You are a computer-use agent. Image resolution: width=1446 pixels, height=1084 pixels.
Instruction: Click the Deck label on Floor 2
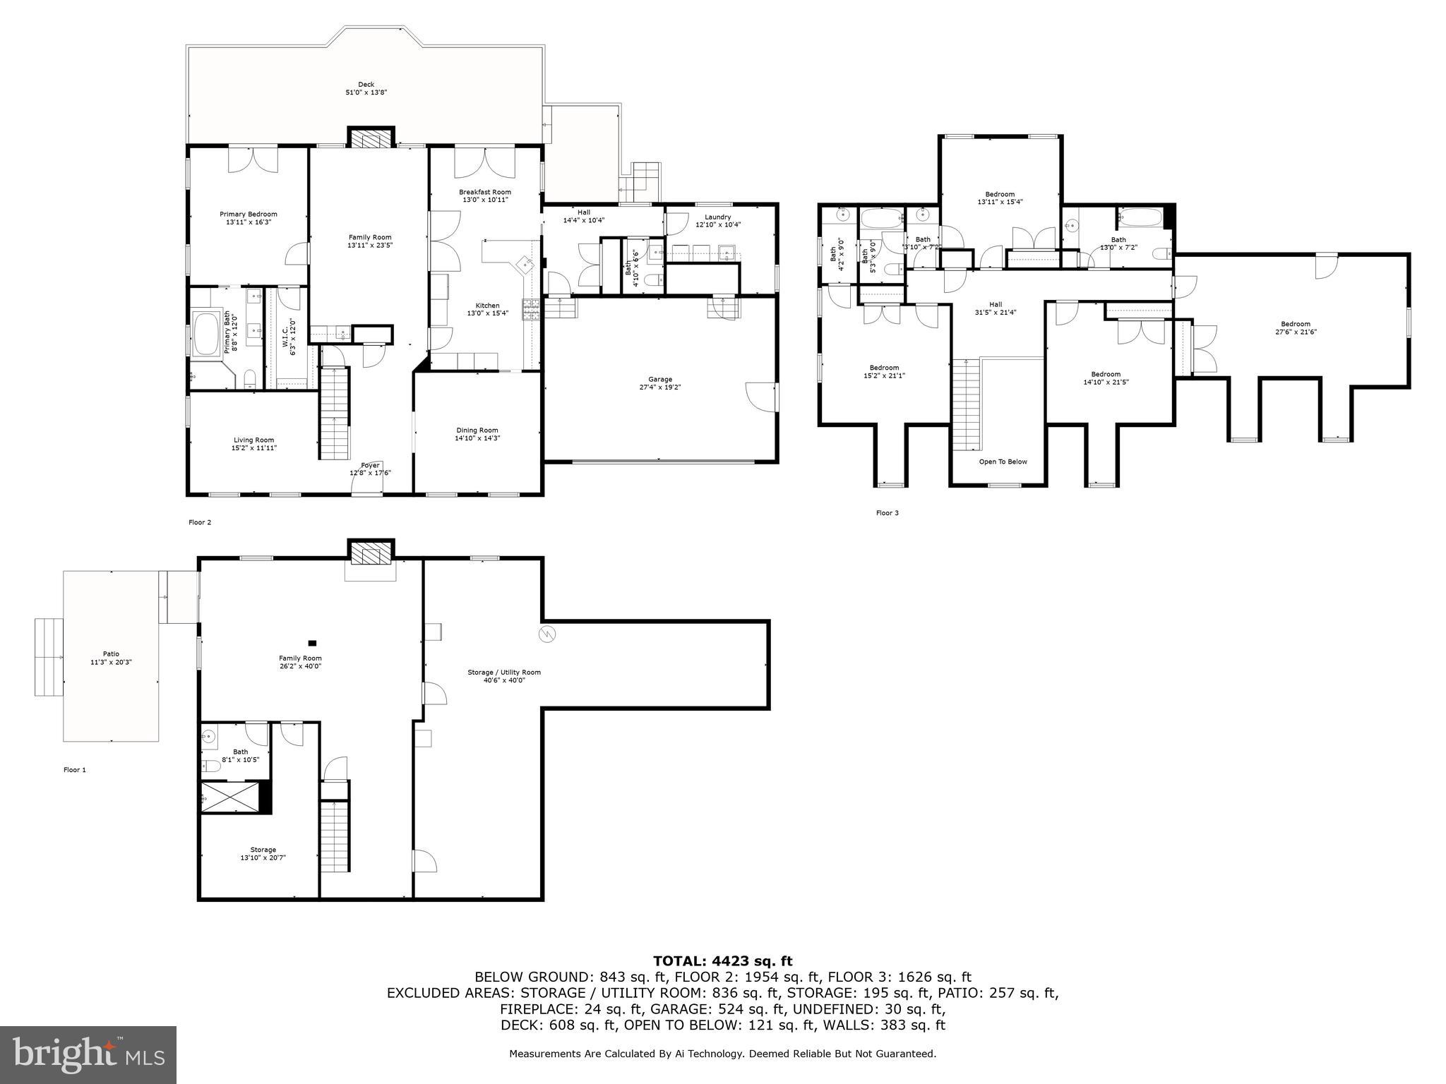366,85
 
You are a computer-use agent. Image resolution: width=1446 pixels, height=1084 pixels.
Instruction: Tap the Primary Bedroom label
248,215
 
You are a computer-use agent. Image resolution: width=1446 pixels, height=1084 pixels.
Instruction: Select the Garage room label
660,379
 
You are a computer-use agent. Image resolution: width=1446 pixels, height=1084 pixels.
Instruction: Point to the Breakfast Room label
484,192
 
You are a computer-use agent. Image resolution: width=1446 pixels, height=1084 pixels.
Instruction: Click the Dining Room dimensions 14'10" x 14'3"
477,438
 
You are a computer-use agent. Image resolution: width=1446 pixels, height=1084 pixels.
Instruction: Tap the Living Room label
253,440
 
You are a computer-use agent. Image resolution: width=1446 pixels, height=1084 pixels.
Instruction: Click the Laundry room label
717,217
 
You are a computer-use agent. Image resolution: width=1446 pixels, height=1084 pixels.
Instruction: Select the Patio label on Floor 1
111,654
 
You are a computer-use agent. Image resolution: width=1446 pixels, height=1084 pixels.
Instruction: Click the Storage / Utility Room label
503,672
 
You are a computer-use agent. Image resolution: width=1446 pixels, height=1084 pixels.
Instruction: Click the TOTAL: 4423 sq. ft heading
722,960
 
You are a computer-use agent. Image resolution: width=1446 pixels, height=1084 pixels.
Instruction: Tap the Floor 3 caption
887,513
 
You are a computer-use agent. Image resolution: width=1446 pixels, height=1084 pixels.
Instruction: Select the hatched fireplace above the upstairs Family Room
371,138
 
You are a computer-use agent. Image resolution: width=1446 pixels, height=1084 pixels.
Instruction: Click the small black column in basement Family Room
312,643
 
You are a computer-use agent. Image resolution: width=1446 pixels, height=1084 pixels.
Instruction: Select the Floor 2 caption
200,522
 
